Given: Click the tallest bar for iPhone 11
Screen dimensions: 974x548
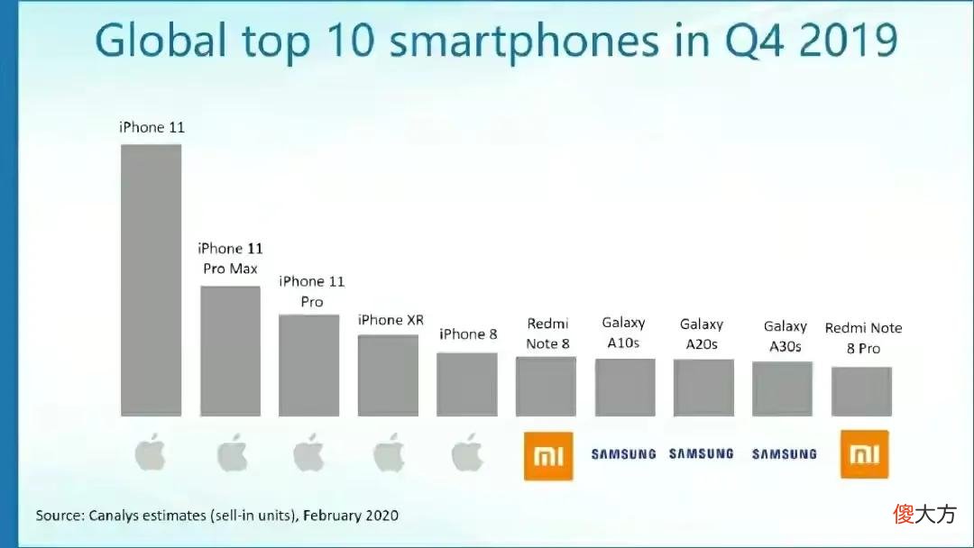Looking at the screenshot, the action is (151, 280).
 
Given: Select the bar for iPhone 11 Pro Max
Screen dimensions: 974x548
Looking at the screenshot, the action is (231, 351).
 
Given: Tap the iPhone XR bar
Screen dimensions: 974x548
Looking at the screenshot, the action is (388, 376).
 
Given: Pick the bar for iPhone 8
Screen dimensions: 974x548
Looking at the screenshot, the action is (467, 384).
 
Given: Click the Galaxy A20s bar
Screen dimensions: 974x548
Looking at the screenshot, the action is (703, 388).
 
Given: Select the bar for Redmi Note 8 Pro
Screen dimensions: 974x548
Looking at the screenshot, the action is (861, 391).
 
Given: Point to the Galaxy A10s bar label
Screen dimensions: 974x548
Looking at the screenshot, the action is (624, 333).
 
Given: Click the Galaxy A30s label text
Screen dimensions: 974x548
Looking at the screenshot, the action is (786, 336).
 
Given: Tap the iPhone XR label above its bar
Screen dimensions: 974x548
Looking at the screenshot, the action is (391, 320).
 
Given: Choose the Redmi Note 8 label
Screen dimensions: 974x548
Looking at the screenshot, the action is (548, 333).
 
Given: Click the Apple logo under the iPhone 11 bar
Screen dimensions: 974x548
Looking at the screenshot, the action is (151, 452).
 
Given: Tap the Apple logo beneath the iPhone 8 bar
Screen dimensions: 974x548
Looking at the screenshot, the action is (467, 452).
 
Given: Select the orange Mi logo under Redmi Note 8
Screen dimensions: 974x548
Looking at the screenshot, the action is (548, 456).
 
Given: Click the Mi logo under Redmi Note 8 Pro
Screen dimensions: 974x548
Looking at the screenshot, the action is (865, 454).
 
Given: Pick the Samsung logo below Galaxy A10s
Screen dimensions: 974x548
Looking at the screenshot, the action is (624, 454).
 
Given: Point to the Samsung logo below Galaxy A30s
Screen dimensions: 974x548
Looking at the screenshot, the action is (785, 454).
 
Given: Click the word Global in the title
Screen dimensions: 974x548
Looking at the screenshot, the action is (161, 41).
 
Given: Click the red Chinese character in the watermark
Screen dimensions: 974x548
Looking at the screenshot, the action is (904, 514).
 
